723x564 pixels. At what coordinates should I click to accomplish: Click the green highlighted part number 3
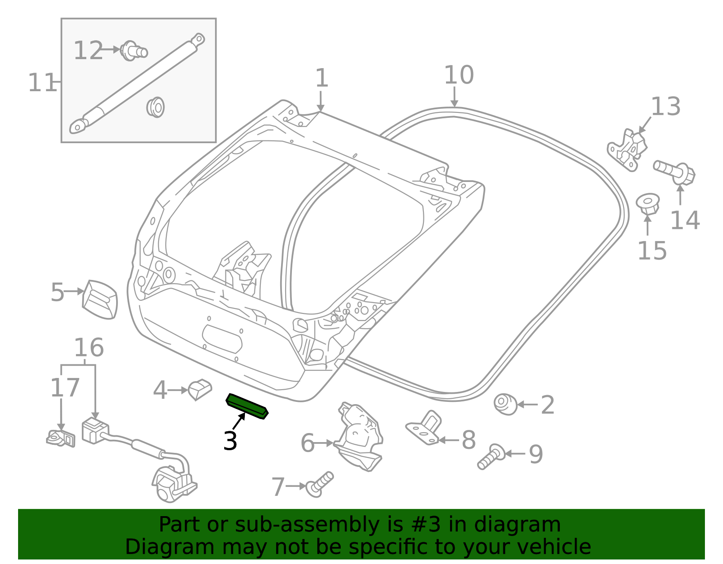247,406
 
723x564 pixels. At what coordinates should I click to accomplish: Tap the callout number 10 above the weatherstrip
459,75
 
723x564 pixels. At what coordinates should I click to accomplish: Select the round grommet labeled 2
505,404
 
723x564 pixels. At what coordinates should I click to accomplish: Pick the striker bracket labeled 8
425,428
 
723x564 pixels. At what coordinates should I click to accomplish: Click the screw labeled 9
492,457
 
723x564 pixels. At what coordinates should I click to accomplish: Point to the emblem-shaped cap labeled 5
100,299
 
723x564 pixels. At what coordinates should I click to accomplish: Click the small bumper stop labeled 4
200,389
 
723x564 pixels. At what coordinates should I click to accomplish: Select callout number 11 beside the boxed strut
42,83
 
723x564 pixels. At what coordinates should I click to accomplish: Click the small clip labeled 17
61,438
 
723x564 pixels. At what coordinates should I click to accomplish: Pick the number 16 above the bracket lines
89,348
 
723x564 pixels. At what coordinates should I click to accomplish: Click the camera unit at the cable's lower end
173,484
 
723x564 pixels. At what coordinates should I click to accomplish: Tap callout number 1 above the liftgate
321,79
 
